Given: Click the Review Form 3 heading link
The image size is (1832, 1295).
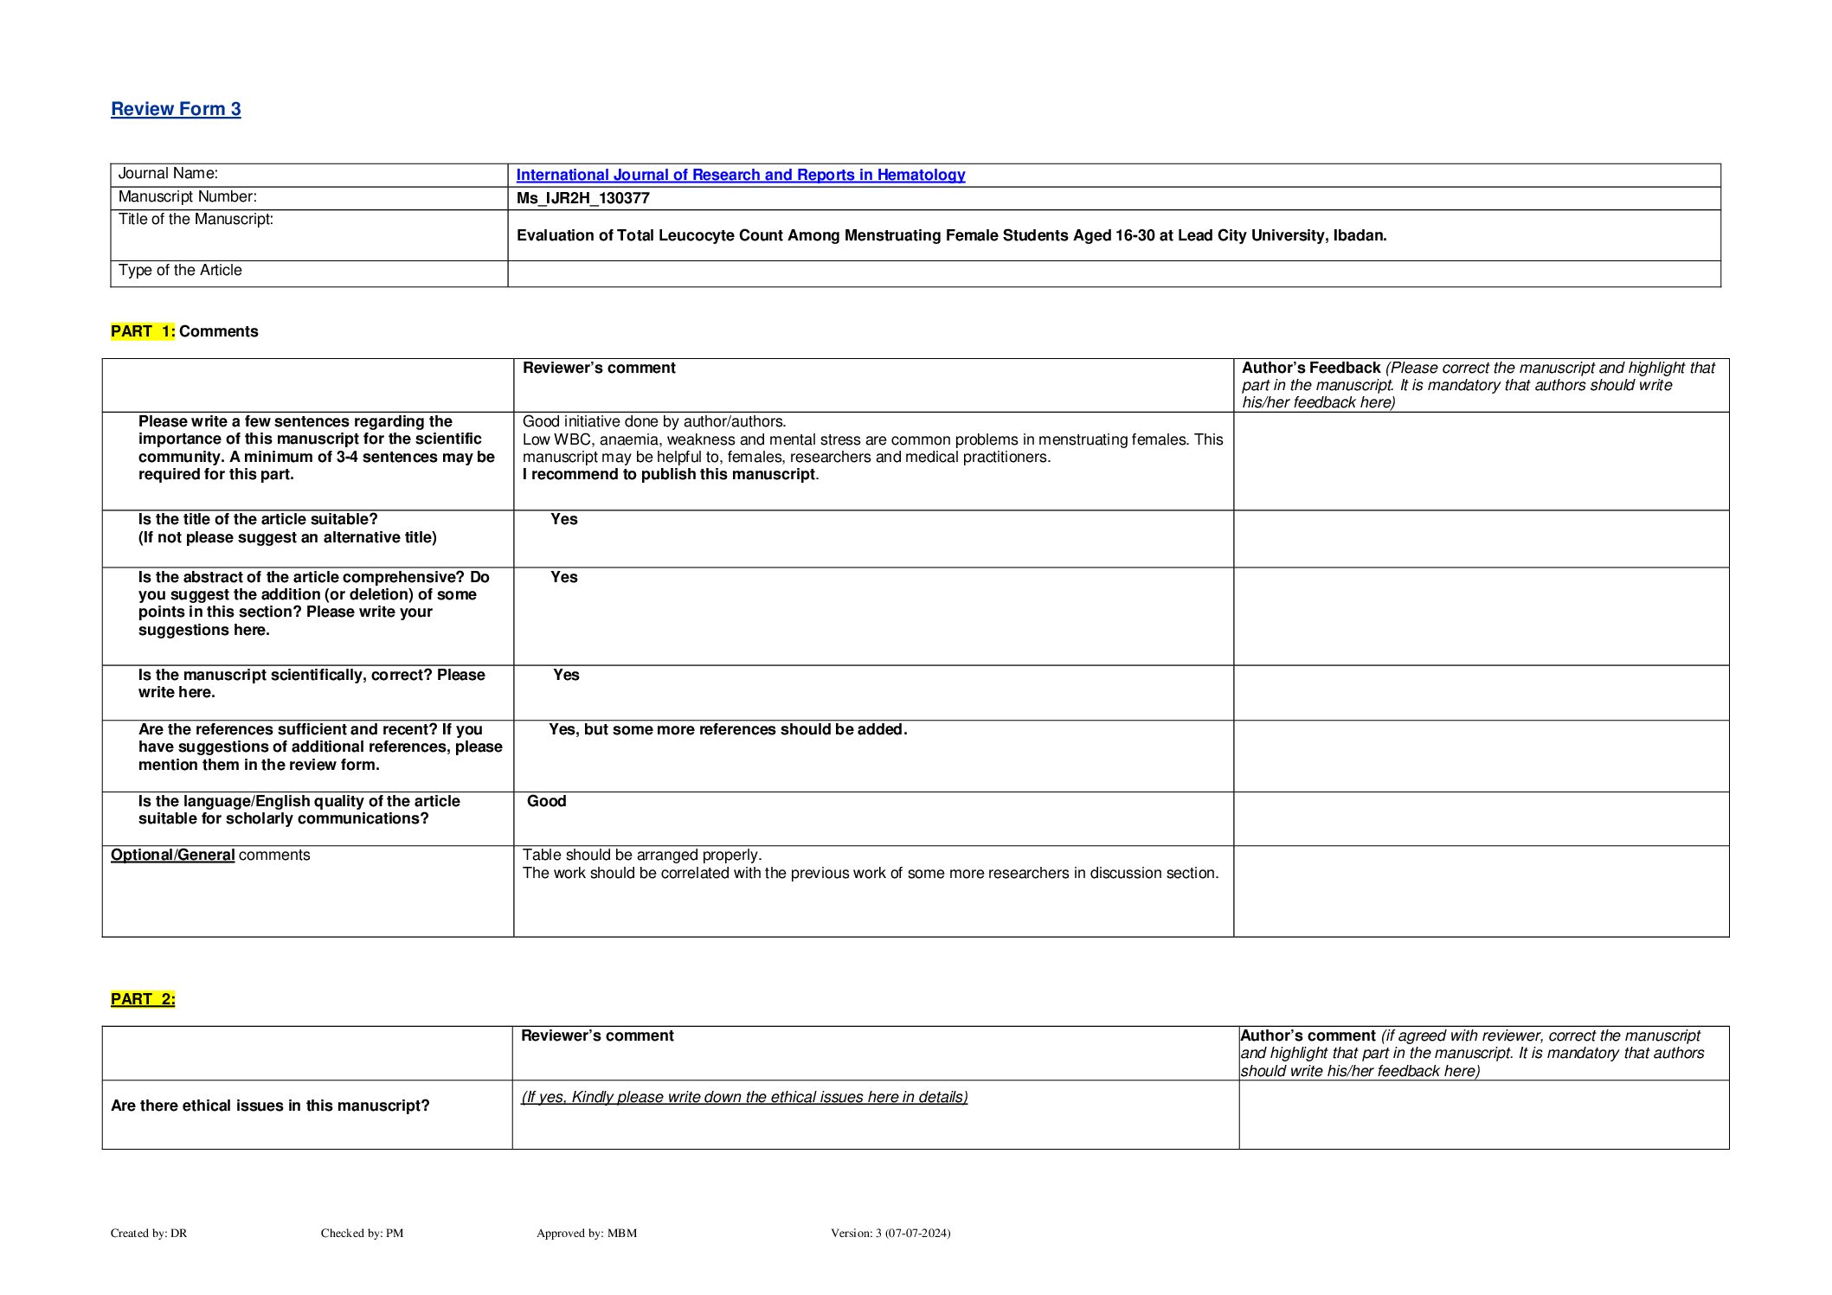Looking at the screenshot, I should pyautogui.click(x=176, y=109).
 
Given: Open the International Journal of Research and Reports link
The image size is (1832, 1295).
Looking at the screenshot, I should pyautogui.click(x=740, y=175).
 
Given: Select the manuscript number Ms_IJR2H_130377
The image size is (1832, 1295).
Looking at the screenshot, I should pyautogui.click(x=582, y=198).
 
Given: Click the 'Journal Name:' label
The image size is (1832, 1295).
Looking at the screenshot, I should pyautogui.click(x=168, y=174).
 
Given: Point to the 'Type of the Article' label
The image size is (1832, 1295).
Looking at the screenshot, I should pyautogui.click(x=180, y=271).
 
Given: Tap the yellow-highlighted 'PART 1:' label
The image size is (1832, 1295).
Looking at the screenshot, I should pyautogui.click(x=143, y=331).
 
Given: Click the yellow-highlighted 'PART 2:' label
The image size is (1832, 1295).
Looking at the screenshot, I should pyautogui.click(x=143, y=999).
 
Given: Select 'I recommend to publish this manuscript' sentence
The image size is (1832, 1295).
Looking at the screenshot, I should pyautogui.click(x=669, y=474).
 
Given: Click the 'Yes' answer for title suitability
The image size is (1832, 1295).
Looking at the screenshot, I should pyautogui.click(x=564, y=519).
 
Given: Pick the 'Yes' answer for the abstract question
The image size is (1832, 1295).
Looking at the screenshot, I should pyautogui.click(x=564, y=577).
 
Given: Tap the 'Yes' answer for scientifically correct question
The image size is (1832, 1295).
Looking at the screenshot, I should pyautogui.click(x=566, y=675).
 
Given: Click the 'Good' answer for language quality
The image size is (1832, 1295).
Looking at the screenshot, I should pyautogui.click(x=547, y=801).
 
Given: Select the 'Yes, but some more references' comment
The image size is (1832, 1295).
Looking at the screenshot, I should pyautogui.click(x=728, y=729).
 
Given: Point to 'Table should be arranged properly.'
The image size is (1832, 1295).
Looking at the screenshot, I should pyautogui.click(x=642, y=855).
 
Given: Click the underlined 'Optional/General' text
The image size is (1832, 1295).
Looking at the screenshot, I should pyautogui.click(x=172, y=855).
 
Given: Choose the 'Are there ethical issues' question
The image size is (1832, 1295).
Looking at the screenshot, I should pyautogui.click(x=270, y=1106).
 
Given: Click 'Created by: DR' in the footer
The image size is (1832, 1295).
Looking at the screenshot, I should pyautogui.click(x=149, y=1233).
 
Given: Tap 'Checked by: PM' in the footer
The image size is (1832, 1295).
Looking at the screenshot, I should pyautogui.click(x=362, y=1233).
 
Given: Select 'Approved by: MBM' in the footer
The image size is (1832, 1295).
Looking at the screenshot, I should pyautogui.click(x=587, y=1233).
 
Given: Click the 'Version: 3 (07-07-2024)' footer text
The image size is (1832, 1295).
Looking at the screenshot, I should pyautogui.click(x=890, y=1233).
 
